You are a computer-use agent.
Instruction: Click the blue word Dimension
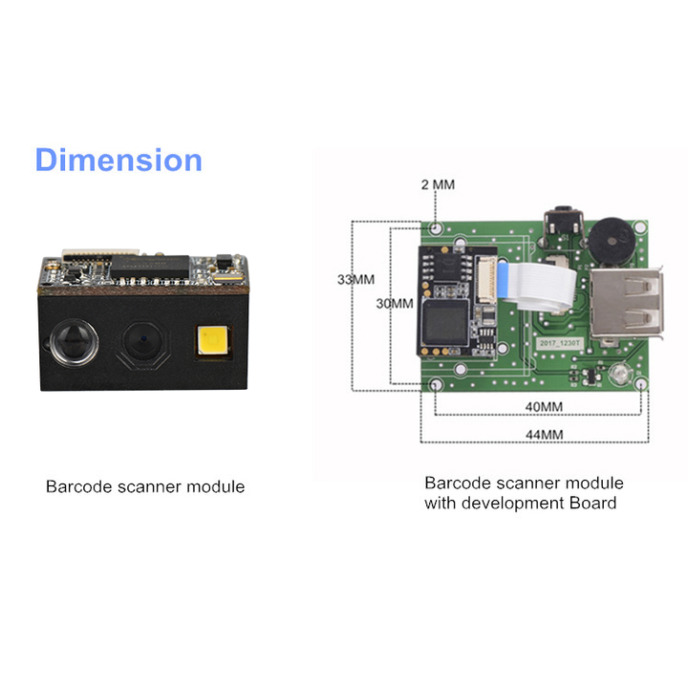tap(118, 160)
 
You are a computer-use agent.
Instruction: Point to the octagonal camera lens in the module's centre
tap(141, 342)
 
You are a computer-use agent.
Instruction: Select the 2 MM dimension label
tap(438, 183)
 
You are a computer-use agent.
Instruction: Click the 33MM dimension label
tap(356, 280)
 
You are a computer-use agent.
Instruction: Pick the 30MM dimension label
tap(395, 304)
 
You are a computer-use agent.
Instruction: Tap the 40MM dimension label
tap(540, 406)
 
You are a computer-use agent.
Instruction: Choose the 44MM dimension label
tap(540, 435)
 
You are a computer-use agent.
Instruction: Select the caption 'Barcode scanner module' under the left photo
tap(145, 487)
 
